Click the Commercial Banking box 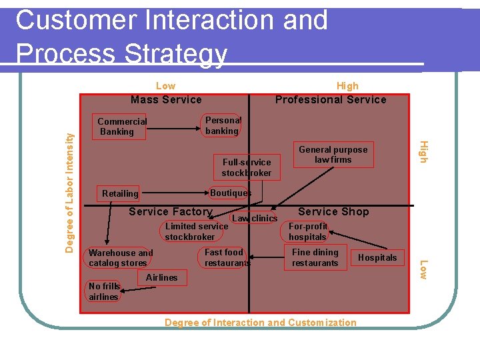point(122,127)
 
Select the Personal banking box point(222,125)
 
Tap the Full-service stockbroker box point(247,167)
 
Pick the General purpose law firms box point(333,155)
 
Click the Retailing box point(120,193)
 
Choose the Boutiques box point(231,193)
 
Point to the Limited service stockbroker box point(196,231)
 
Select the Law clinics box point(254,218)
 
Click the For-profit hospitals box point(308,231)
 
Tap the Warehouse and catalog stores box point(121,258)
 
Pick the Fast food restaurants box point(224,257)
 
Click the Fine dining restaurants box point(315,257)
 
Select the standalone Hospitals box point(377,257)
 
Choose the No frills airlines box point(103,291)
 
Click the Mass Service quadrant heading point(166,100)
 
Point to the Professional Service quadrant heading point(331,100)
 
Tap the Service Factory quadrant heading point(170,212)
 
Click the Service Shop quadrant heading point(333,212)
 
